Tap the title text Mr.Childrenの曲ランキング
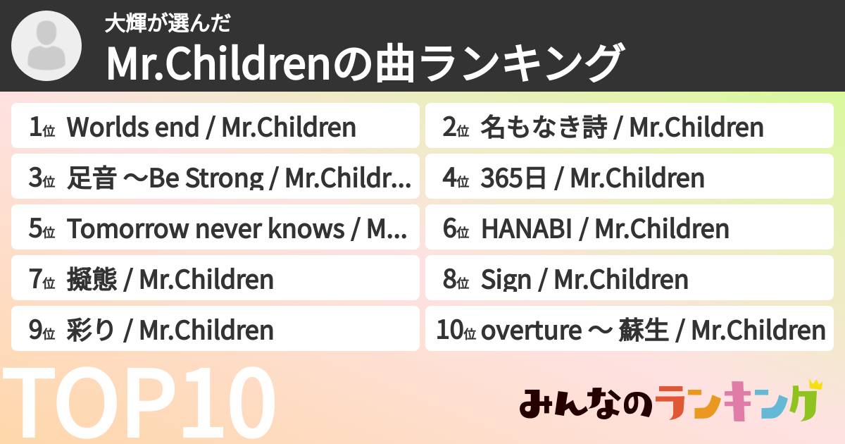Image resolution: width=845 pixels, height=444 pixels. click(365, 64)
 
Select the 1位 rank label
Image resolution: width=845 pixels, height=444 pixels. click(42, 128)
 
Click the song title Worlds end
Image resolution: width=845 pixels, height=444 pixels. click(132, 128)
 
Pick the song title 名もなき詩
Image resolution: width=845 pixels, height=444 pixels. click(542, 128)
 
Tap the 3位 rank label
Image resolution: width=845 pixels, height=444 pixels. click(42, 178)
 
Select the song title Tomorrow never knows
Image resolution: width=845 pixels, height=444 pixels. click(207, 229)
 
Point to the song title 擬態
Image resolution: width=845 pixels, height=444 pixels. click(89, 280)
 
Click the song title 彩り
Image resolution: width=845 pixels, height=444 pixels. click(89, 330)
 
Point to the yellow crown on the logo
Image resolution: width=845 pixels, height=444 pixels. click(815, 385)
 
